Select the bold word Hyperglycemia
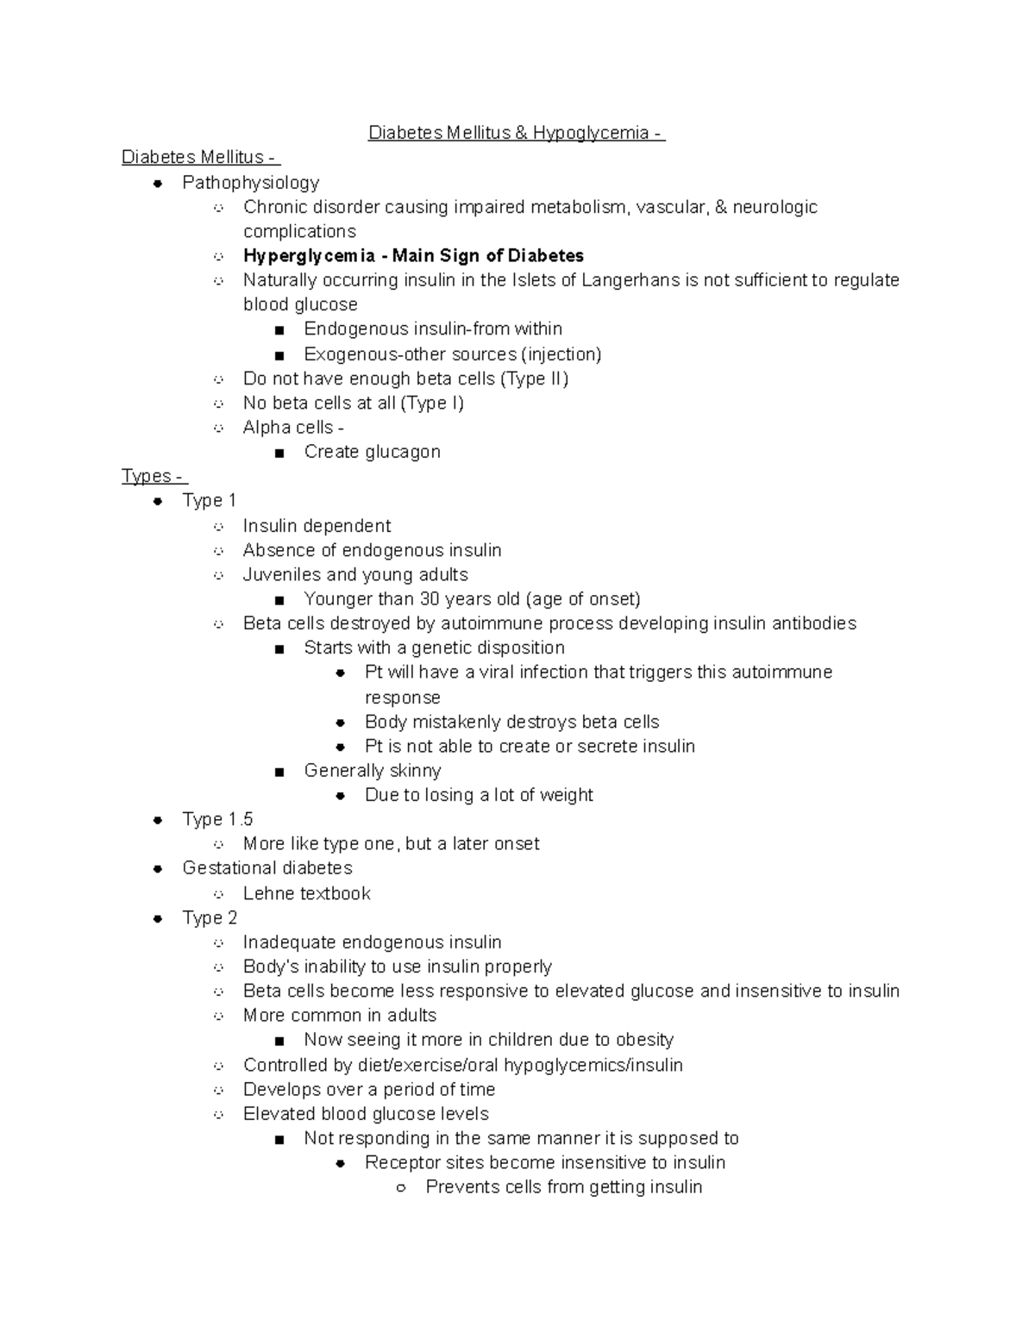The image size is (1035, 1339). (x=309, y=256)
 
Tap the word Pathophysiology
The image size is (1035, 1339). (x=250, y=183)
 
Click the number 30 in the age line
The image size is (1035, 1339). (x=430, y=599)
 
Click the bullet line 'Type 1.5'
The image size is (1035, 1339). (x=217, y=819)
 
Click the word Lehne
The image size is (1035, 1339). (x=267, y=893)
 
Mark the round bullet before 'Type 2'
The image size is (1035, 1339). (x=158, y=919)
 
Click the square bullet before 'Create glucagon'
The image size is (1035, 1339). (x=279, y=453)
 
